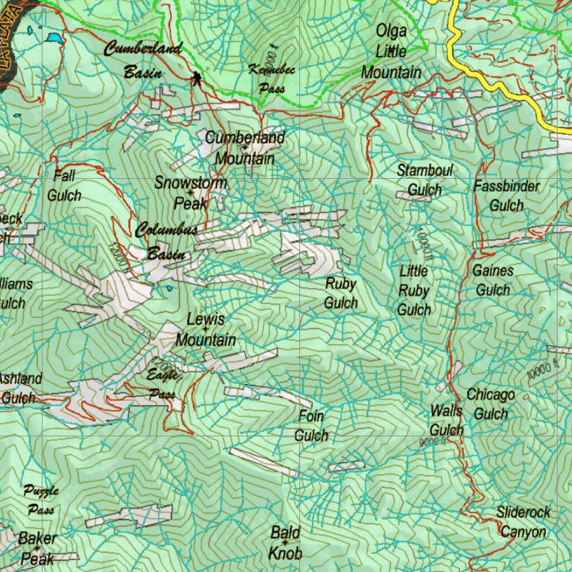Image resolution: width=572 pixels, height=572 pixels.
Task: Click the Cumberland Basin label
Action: [142, 60]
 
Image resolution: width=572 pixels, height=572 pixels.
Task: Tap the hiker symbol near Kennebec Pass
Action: [196, 79]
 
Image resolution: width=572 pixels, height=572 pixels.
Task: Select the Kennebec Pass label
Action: [271, 79]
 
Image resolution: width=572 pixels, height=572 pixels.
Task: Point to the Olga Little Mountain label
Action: [391, 51]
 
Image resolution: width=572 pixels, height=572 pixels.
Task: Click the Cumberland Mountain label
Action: [245, 147]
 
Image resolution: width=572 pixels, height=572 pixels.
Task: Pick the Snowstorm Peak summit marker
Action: [190, 193]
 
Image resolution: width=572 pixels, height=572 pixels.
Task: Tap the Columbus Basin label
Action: [166, 242]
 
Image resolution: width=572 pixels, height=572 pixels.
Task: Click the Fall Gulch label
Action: [64, 186]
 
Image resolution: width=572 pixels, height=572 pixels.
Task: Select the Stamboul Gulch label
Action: [425, 180]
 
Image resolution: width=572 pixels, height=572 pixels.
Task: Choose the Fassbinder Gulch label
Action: [507, 196]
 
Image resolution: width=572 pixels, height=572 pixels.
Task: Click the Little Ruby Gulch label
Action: [414, 290]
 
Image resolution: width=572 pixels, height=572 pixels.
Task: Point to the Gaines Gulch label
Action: [493, 280]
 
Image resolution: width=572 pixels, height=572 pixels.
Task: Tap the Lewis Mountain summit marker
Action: [206, 330]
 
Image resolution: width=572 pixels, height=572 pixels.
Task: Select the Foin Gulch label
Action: [311, 426]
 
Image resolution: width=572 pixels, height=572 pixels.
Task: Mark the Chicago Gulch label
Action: [490, 404]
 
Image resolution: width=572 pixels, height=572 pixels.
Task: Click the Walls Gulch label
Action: [446, 421]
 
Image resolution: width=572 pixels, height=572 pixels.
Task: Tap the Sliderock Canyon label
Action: [523, 522]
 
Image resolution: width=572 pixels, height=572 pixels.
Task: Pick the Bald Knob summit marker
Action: [285, 542]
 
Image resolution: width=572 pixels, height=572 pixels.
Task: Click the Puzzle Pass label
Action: [41, 500]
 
